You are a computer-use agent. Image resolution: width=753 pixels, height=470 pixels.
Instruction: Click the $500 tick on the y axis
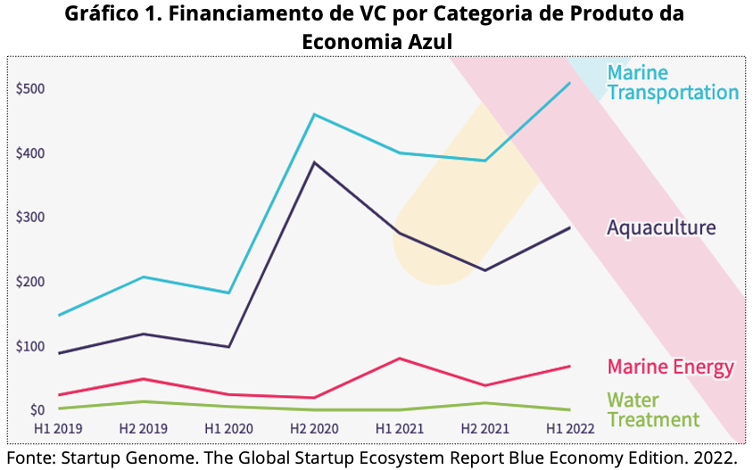coord(30,89)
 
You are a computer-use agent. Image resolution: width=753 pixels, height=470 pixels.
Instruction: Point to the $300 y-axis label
coord(30,217)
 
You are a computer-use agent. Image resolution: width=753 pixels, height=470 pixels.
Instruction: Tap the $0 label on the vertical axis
coord(37,410)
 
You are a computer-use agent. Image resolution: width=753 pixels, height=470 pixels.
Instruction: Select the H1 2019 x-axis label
coord(58,428)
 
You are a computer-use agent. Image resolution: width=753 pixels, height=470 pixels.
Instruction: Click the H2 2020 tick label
coord(314,428)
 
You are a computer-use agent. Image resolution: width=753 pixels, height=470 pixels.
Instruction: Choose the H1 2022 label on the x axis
coord(570,428)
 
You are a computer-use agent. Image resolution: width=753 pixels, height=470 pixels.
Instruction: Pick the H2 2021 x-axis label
coord(485,428)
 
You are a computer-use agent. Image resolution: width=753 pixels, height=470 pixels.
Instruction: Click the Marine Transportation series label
coord(673,83)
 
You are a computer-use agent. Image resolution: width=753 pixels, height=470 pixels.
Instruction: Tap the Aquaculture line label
coord(661,227)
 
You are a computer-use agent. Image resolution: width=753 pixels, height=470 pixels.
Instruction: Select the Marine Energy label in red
coord(671,367)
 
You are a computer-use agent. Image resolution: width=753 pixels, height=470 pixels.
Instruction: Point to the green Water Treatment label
coord(653,409)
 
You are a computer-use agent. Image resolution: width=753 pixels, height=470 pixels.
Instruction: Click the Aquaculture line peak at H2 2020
coord(314,162)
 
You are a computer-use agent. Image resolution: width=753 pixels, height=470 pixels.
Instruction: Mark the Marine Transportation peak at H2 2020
coord(314,114)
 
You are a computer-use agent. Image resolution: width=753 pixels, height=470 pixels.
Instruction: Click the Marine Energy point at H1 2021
coord(400,359)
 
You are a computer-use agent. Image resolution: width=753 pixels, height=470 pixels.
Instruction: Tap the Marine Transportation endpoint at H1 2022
coord(569,83)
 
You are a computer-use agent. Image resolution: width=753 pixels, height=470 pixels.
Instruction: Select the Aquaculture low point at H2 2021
coord(485,270)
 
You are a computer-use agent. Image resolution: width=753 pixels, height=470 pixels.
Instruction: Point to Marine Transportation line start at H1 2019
coord(59,316)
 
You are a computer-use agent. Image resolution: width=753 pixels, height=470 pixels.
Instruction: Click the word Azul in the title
coord(430,42)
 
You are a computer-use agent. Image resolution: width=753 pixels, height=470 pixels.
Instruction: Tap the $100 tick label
coord(30,346)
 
